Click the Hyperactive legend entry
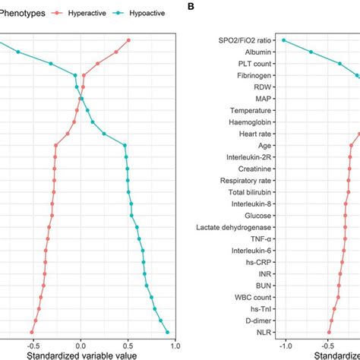point(87,13)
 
